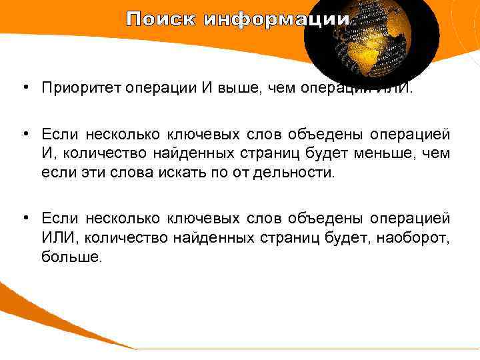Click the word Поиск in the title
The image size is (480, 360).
pos(161,19)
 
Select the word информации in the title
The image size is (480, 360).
pos(276,19)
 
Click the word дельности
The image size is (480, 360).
pos(299,174)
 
